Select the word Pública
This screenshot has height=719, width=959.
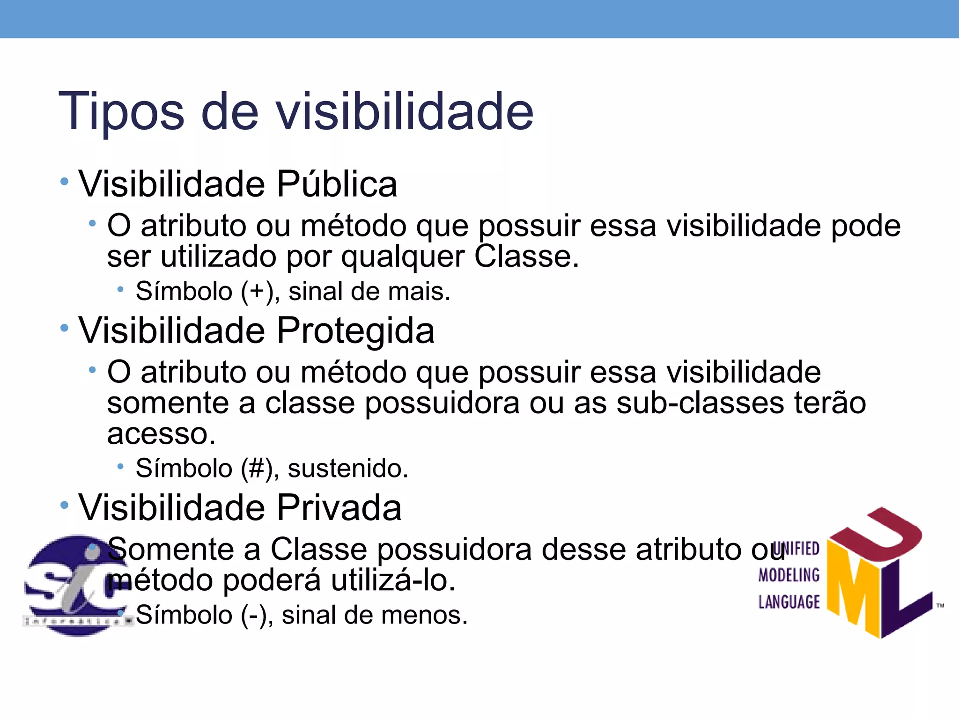point(337,183)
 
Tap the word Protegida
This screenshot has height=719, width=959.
point(355,330)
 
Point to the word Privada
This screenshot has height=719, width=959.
point(339,507)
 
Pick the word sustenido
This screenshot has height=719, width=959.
point(347,469)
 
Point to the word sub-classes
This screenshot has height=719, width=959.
point(700,403)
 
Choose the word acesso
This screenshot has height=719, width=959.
point(161,434)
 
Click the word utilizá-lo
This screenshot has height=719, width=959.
point(393,580)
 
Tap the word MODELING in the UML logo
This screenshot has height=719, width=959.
point(789,575)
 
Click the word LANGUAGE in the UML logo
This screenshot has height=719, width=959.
point(789,602)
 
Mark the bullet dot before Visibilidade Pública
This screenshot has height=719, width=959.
point(65,182)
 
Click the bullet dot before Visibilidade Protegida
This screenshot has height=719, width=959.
point(65,329)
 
